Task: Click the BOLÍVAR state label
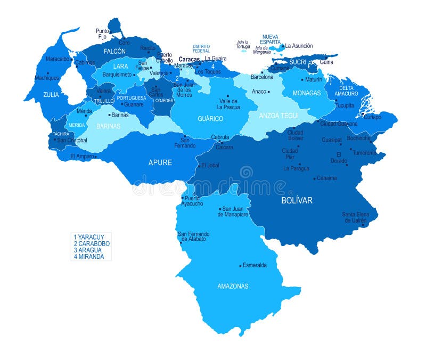click(297, 201)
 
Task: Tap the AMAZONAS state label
click(233, 286)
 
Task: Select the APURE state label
click(160, 162)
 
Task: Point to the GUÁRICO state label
click(210, 118)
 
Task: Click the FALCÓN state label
click(114, 51)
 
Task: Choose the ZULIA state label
click(51, 94)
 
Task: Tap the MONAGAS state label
click(307, 93)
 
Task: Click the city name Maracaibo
click(58, 59)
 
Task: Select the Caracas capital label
click(189, 59)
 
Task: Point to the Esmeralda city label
click(255, 265)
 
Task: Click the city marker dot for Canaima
click(315, 178)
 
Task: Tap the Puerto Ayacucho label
click(192, 201)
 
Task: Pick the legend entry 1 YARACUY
click(89, 236)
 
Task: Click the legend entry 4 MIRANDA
click(89, 256)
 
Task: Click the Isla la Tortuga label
click(243, 45)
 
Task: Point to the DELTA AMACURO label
click(346, 91)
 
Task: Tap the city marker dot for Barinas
click(109, 114)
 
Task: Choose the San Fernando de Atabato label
click(193, 236)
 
